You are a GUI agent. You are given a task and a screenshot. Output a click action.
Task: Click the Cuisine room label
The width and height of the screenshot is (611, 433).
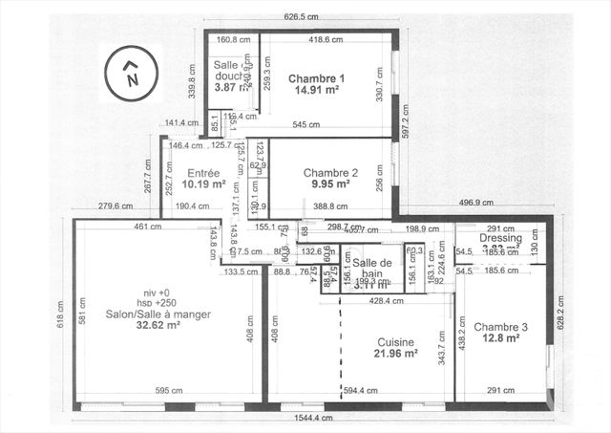[394, 340]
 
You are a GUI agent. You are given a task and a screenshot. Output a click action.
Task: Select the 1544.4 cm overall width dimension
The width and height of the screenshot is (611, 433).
[315, 419]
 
